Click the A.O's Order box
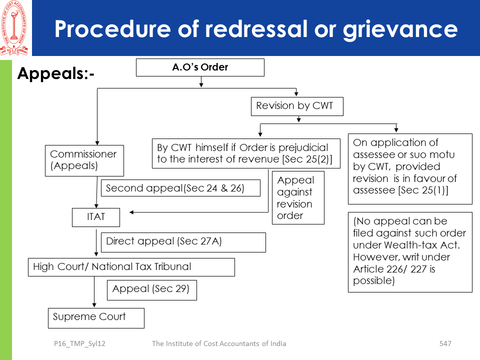200,67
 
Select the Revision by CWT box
297,106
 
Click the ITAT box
96,217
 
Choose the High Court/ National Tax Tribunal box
131,267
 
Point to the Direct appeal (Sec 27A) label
183,242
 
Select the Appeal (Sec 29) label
151,290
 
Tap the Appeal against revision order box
298,197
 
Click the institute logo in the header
14,28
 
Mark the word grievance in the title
399,29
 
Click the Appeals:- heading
56,74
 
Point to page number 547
445,343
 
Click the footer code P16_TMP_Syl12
80,343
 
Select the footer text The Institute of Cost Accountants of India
219,343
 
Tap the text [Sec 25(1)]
425,190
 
